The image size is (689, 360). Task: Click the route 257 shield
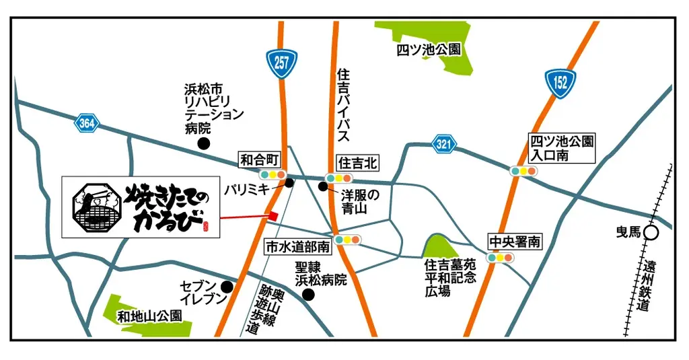pos(281,63)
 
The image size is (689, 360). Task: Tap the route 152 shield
pos(561,81)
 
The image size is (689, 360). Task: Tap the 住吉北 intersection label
pos(357,162)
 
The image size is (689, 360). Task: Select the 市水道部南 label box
pos(298,247)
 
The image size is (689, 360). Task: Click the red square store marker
pos(273,215)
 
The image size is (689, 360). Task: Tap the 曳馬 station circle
pos(650,233)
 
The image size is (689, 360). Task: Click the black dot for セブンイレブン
pos(227,287)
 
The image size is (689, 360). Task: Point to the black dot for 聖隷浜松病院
pos(308,294)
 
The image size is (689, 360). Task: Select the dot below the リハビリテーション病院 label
pos(203,143)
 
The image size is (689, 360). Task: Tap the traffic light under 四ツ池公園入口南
pos(523,171)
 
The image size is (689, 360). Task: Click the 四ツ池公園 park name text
pos(429,50)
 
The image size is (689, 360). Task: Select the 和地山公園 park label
pos(149,315)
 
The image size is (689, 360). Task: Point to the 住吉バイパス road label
pos(342,104)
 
